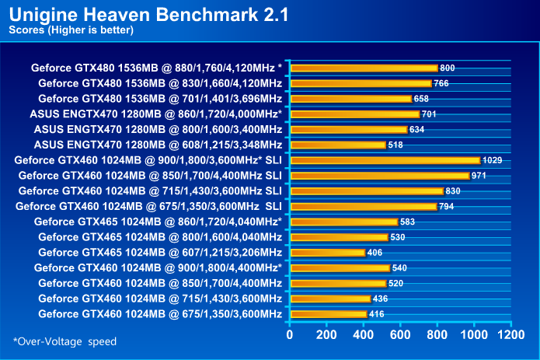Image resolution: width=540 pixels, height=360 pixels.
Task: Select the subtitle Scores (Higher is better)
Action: click(x=71, y=30)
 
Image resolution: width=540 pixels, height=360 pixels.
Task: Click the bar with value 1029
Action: click(x=385, y=160)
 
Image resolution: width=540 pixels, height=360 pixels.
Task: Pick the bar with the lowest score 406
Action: click(x=327, y=253)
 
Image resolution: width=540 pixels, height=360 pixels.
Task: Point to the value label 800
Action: click(x=448, y=68)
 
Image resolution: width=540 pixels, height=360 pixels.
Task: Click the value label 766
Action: click(x=441, y=83)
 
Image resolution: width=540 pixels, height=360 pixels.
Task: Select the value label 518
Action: click(x=395, y=145)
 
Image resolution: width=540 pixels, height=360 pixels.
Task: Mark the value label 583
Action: click(x=407, y=222)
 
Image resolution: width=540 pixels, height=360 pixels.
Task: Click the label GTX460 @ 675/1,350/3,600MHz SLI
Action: click(x=150, y=206)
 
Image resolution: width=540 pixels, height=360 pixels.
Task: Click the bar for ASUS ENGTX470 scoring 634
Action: click(x=348, y=129)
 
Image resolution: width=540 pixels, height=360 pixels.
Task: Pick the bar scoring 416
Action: click(x=328, y=314)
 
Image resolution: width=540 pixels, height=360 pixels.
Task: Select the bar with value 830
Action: click(x=366, y=191)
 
